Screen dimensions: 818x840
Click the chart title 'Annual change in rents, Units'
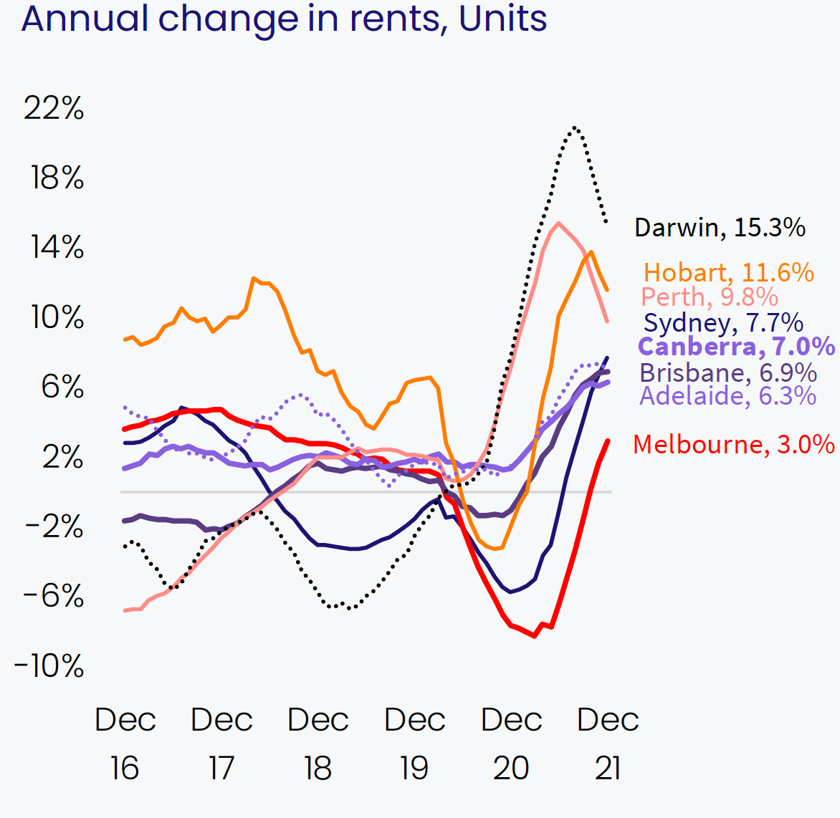284,19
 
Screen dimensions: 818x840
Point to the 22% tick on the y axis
54,108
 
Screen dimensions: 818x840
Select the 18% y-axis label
57,178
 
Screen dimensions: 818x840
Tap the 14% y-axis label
57,248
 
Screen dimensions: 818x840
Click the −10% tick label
49,666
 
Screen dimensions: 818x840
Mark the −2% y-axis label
54,527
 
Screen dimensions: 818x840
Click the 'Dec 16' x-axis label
125,744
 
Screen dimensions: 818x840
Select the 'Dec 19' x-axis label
414,744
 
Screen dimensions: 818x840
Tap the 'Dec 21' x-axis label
608,744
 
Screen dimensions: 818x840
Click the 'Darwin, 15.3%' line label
720,228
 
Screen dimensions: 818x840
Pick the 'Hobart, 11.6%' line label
728,273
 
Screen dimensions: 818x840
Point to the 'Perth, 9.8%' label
710,297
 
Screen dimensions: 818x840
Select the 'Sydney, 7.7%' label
723,323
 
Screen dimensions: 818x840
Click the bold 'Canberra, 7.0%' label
736,347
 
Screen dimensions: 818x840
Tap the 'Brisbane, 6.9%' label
728,372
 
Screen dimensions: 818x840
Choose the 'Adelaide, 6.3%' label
727,395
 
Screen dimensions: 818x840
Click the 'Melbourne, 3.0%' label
734,444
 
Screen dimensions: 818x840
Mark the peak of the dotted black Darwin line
574,127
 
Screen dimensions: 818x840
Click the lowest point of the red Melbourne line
535,635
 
